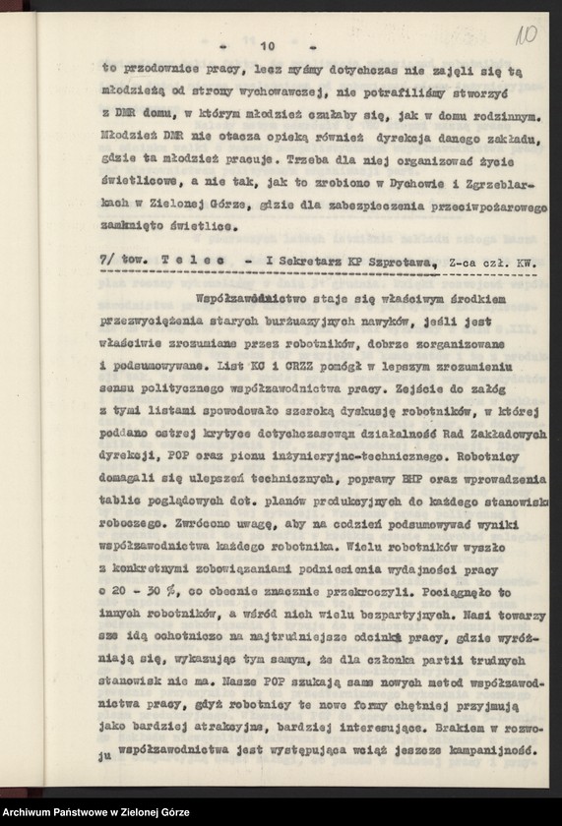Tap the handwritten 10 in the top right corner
[525, 39]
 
